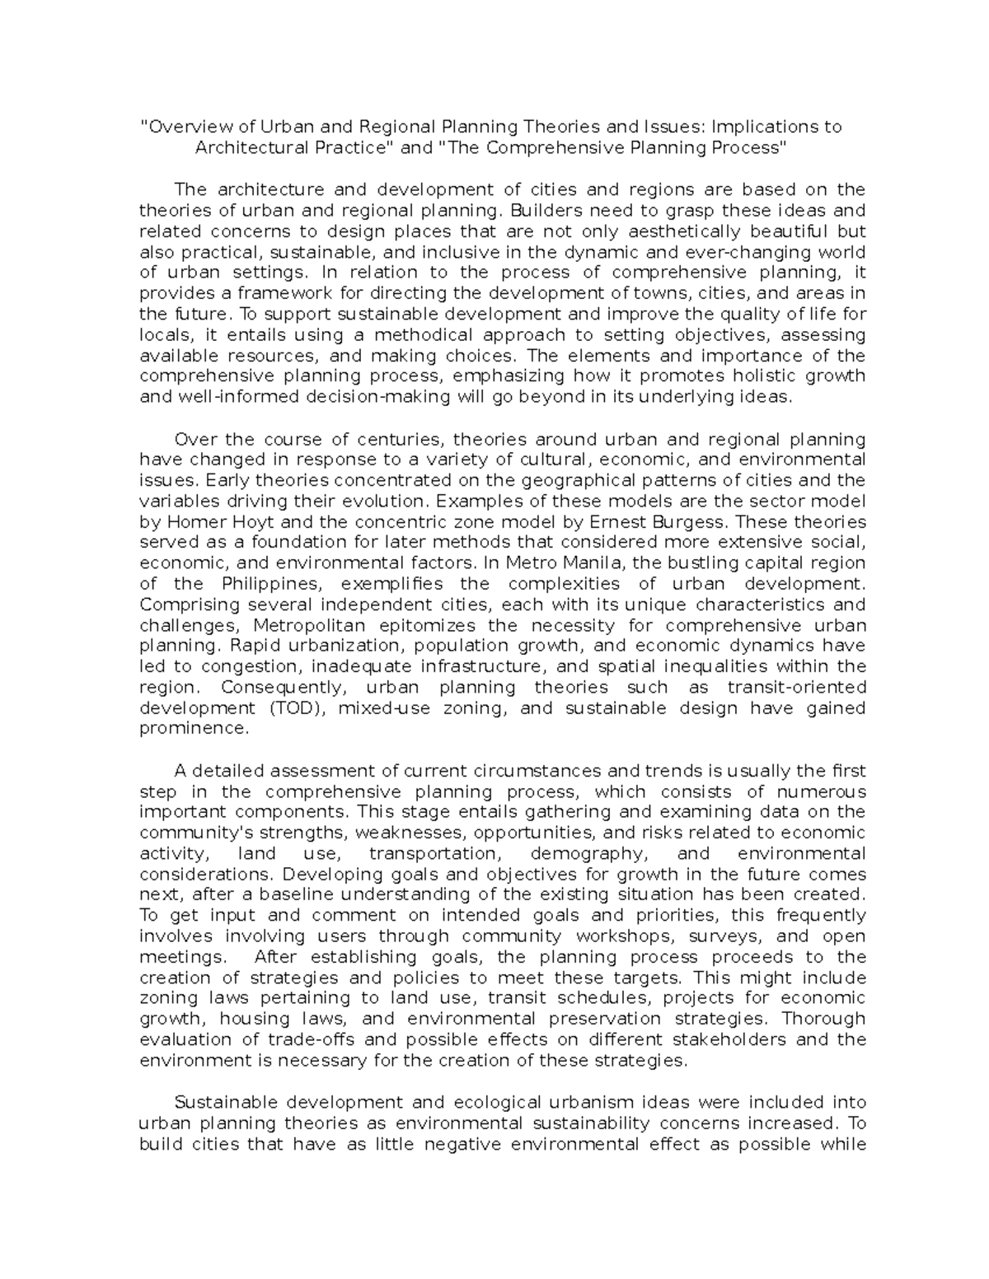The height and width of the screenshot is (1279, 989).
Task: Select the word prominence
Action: (x=193, y=729)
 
